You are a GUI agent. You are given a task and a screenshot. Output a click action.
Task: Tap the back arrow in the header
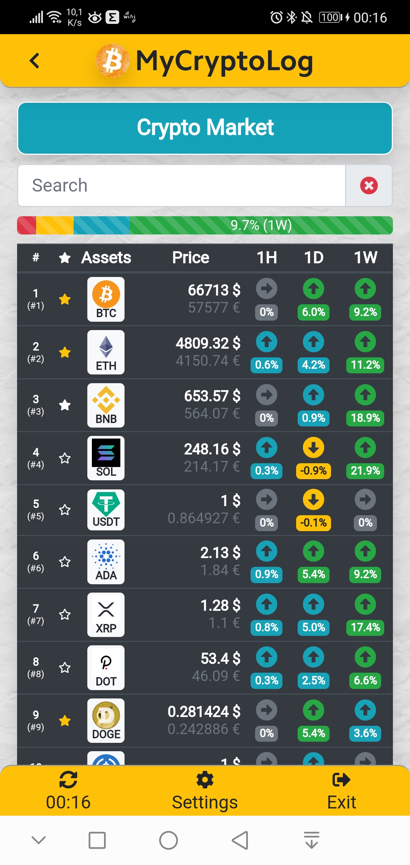pos(35,61)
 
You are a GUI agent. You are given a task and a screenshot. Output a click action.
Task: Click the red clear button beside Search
pos(369,186)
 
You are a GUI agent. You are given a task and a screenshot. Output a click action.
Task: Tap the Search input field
pos(181,186)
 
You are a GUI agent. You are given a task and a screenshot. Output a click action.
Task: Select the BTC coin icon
pos(106,299)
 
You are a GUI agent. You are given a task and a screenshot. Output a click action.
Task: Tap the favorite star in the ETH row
pos(65,352)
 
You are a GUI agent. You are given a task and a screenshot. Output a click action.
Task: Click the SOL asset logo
pos(106,458)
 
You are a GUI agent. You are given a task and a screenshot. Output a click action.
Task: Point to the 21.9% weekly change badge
pos(365,471)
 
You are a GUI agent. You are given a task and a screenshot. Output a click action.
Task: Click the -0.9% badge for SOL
pos(313,471)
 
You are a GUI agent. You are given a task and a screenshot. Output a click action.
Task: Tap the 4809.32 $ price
pos(208,343)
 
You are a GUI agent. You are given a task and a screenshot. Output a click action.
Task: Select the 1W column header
pos(366,258)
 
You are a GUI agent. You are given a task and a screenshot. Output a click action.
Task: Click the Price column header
pos(191,258)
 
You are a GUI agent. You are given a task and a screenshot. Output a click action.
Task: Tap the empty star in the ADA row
pos(65,561)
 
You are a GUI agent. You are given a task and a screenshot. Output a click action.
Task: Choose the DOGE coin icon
pos(106,720)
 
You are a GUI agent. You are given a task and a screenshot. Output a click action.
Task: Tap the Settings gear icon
pos(205,780)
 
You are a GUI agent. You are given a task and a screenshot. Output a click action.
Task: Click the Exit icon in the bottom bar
pos(341,780)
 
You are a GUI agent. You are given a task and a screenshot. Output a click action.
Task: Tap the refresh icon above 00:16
pos(68,780)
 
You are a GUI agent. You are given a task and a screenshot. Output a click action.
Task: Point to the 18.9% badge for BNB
pos(365,418)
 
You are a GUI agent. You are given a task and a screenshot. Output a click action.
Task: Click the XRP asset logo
pos(106,615)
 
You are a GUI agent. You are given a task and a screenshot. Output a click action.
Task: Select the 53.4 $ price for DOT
pos(220,659)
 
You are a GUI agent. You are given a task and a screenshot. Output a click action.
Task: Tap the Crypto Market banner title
pos(205,127)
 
